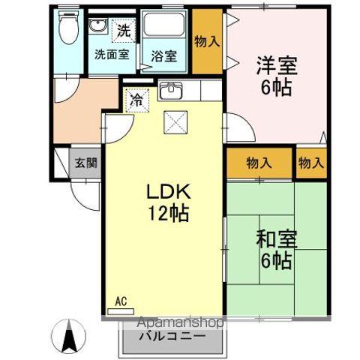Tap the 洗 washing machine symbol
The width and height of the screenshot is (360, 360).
(121, 31)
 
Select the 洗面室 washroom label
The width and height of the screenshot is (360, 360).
(110, 54)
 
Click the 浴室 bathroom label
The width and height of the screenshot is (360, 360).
(163, 55)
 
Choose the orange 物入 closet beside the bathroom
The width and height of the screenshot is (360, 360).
(206, 41)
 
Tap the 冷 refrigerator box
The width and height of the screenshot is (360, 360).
(136, 98)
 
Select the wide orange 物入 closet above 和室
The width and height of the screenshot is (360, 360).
(259, 161)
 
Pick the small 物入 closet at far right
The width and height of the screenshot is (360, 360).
(310, 161)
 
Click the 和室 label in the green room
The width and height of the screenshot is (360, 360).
(276, 241)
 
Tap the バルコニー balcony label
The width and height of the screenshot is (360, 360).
(172, 337)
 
